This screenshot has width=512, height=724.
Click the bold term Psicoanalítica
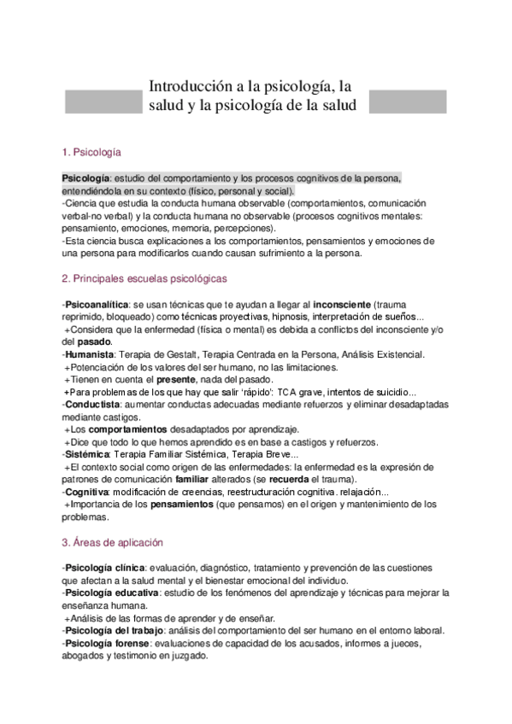click(96, 304)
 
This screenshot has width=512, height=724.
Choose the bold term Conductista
click(92, 404)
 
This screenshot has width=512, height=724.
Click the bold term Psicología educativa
click(110, 593)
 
